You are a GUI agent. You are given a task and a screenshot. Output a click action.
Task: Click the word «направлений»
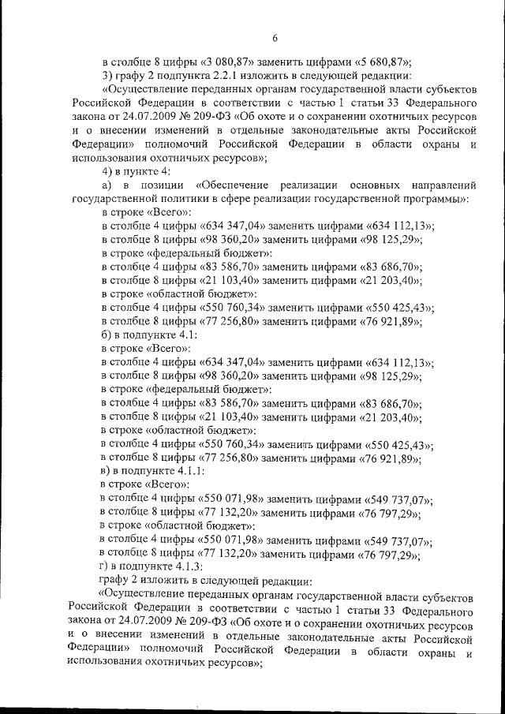pyautogui.click(x=446, y=185)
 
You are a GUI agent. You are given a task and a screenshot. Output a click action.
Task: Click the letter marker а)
pyautogui.click(x=108, y=185)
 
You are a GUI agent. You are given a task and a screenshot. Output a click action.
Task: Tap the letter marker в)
pyautogui.click(x=108, y=471)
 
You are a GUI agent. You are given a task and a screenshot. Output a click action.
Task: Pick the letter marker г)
pyautogui.click(x=107, y=566)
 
